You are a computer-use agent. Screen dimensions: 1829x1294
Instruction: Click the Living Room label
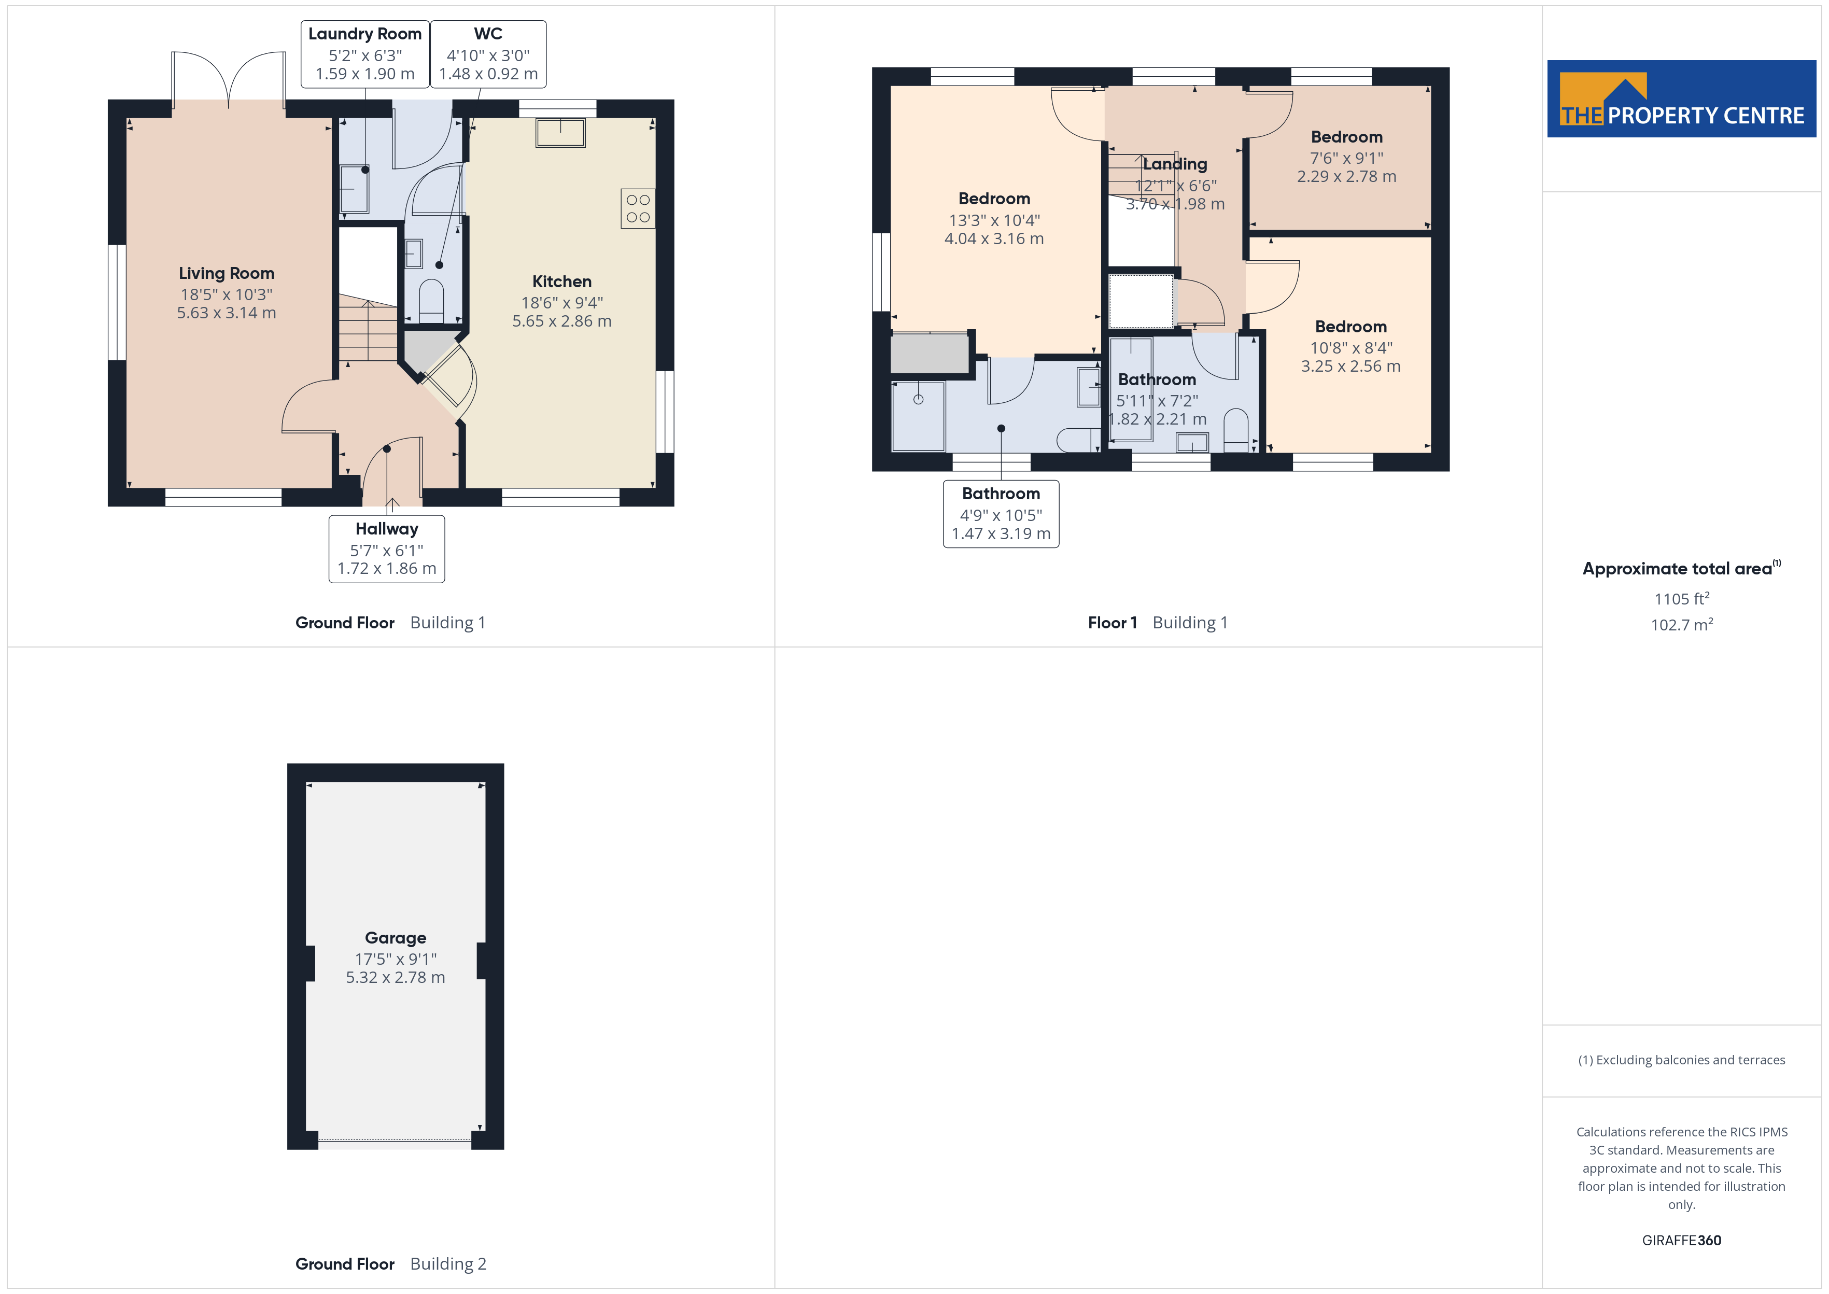click(x=226, y=273)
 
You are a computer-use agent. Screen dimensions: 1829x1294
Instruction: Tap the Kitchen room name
click(x=561, y=282)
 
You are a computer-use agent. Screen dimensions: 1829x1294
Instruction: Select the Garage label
click(x=395, y=938)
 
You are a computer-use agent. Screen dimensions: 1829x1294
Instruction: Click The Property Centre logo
click(x=1681, y=99)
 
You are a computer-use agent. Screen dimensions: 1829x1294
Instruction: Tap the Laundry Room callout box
click(x=365, y=53)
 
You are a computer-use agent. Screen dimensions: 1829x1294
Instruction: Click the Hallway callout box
click(x=386, y=549)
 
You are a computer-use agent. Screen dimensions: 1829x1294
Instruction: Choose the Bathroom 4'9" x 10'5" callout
click(x=1001, y=514)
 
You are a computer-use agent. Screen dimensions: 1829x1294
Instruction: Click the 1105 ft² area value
click(x=1681, y=598)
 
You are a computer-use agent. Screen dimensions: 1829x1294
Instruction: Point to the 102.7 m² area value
click(x=1681, y=625)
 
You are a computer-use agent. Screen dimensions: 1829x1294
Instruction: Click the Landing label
click(x=1175, y=164)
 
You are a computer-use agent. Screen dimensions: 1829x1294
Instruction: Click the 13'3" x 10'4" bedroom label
click(x=993, y=218)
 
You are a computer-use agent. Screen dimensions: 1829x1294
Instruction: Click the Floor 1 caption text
click(x=1112, y=622)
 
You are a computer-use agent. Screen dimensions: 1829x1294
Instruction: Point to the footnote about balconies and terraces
click(x=1681, y=1060)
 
